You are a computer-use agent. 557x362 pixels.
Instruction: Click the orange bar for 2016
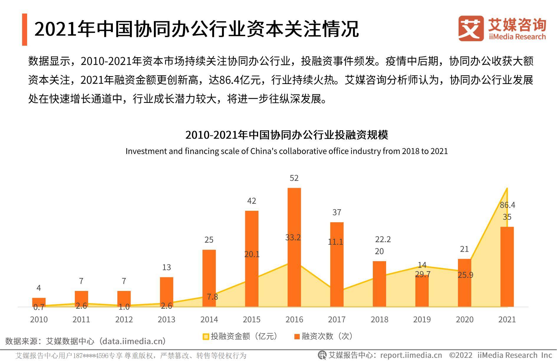click(x=294, y=248)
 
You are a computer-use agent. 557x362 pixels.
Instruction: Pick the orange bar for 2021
click(x=507, y=267)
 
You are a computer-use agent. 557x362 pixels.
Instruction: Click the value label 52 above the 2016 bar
click(x=294, y=178)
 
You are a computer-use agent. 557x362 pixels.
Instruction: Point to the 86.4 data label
click(x=507, y=205)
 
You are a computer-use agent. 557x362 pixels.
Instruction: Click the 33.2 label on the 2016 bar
click(x=293, y=238)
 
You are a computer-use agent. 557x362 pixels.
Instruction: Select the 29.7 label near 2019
click(x=423, y=274)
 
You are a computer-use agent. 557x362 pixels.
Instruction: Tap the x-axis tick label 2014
click(x=209, y=320)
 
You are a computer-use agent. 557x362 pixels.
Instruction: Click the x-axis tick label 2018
click(x=379, y=320)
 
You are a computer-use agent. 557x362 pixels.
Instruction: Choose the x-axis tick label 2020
click(x=464, y=320)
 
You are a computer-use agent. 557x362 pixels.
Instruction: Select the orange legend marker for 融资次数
click(x=297, y=336)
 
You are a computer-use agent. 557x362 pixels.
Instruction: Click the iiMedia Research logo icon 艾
click(x=471, y=29)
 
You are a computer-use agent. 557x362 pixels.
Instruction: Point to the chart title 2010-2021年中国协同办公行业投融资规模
click(x=286, y=135)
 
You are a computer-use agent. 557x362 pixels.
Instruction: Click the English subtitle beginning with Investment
click(x=286, y=151)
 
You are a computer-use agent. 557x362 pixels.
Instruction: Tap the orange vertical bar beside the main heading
click(x=24, y=29)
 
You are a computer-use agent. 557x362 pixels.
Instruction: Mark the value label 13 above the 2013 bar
click(x=167, y=267)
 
